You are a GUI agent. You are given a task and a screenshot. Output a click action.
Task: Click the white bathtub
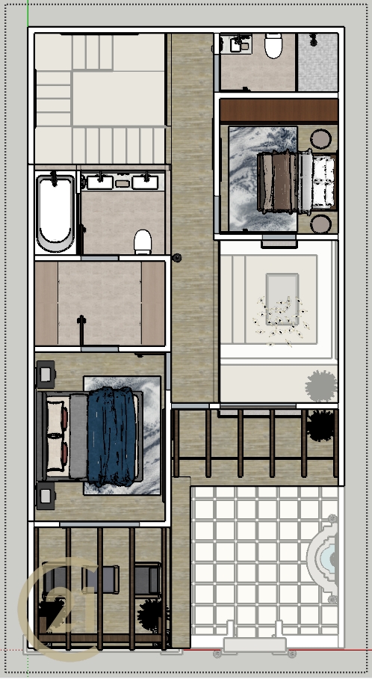(55, 213)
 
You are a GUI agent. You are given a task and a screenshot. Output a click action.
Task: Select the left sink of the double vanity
(100, 182)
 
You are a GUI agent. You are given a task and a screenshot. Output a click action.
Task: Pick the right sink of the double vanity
(146, 182)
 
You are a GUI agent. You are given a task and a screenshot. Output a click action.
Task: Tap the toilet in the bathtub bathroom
(143, 242)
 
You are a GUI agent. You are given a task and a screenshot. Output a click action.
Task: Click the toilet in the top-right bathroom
(273, 46)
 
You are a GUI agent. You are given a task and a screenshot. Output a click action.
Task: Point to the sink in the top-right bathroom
(237, 44)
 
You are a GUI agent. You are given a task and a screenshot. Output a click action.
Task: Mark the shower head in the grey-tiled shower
(313, 40)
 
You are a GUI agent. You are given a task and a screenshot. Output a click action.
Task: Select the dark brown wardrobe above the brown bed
(279, 111)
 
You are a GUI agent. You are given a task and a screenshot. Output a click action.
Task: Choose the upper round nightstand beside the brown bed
(321, 139)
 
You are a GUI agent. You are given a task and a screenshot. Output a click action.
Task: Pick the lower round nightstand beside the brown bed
(321, 224)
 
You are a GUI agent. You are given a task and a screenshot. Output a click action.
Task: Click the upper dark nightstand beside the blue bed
(46, 374)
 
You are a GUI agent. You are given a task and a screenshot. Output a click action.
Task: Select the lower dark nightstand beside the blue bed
(46, 496)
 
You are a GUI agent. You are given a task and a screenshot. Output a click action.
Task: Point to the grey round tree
(321, 385)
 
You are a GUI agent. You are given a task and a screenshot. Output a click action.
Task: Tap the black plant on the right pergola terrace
(321, 425)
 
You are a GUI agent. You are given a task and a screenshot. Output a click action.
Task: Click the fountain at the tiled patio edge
(323, 559)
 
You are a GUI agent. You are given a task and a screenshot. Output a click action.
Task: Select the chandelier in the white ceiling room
(281, 319)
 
